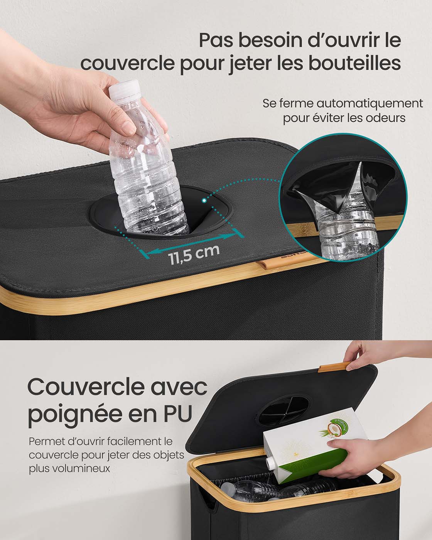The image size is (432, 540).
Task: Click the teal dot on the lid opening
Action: tap(204, 200)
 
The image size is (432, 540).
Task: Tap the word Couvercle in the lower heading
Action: tap(86, 387)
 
